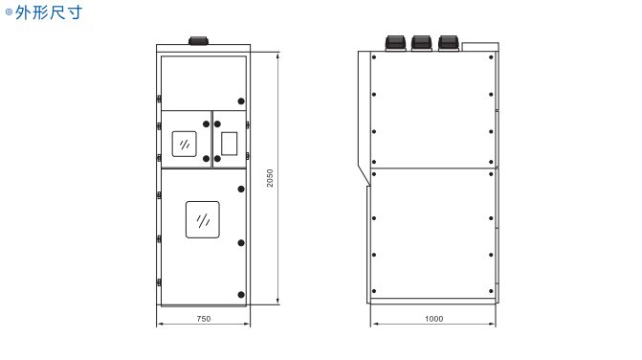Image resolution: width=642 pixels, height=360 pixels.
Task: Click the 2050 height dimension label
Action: click(270, 178)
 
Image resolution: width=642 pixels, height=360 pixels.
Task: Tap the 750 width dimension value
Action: click(204, 319)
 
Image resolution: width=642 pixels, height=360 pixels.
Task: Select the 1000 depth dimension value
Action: click(433, 319)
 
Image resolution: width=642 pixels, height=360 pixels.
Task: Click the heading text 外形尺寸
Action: click(49, 12)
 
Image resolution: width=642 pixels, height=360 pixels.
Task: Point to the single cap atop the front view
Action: click(198, 40)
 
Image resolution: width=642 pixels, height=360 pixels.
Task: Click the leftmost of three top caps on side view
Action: click(395, 43)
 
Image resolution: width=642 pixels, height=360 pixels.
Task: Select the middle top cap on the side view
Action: click(422, 43)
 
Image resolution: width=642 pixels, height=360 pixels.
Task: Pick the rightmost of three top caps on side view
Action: click(448, 43)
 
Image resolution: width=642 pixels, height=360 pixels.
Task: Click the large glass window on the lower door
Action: click(203, 219)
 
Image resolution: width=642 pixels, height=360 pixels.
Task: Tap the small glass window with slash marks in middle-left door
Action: click(185, 144)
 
